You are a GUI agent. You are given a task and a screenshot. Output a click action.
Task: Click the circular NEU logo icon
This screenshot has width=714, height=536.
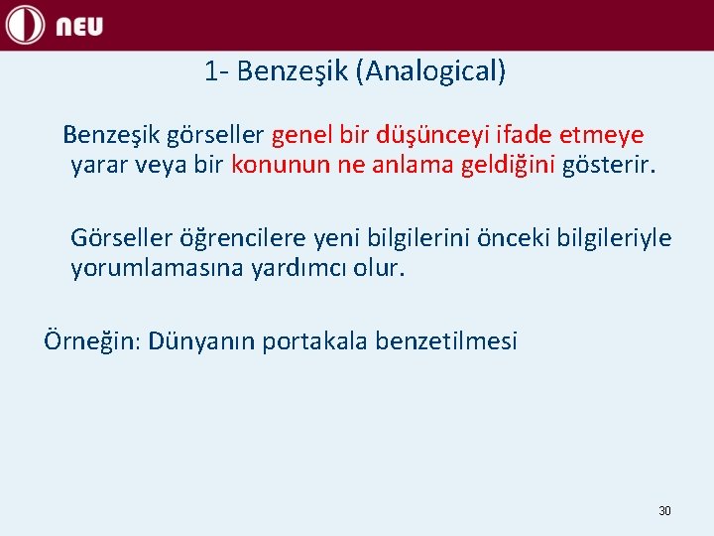pos(26,25)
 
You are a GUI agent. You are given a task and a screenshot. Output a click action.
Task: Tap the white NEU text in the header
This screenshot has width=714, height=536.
pos(79,27)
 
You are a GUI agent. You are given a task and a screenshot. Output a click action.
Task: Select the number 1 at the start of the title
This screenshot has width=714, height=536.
pos(211,71)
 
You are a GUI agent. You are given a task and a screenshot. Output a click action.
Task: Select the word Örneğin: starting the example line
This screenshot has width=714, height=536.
pos(92,342)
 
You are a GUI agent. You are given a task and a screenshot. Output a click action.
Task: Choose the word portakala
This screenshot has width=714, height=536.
pos(308,342)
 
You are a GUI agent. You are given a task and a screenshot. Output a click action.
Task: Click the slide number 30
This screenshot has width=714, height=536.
pos(664,511)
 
